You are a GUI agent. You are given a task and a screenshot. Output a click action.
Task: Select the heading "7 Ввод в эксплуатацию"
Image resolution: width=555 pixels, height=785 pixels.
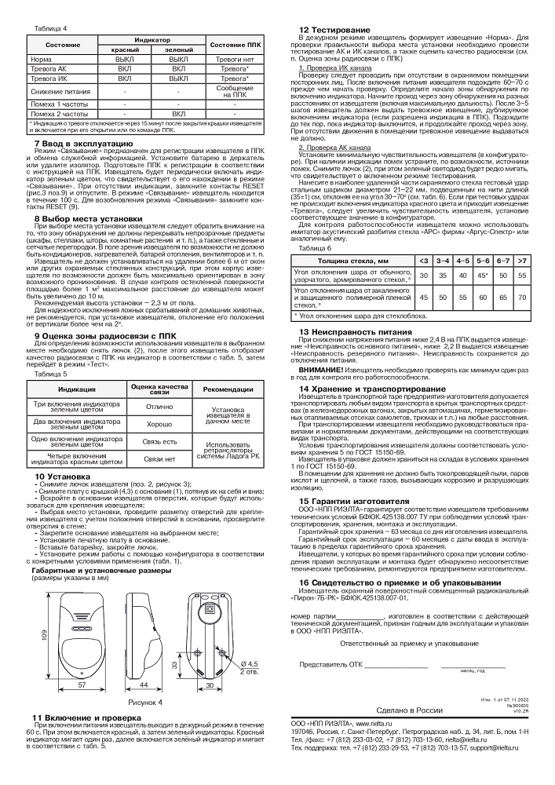(89, 144)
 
